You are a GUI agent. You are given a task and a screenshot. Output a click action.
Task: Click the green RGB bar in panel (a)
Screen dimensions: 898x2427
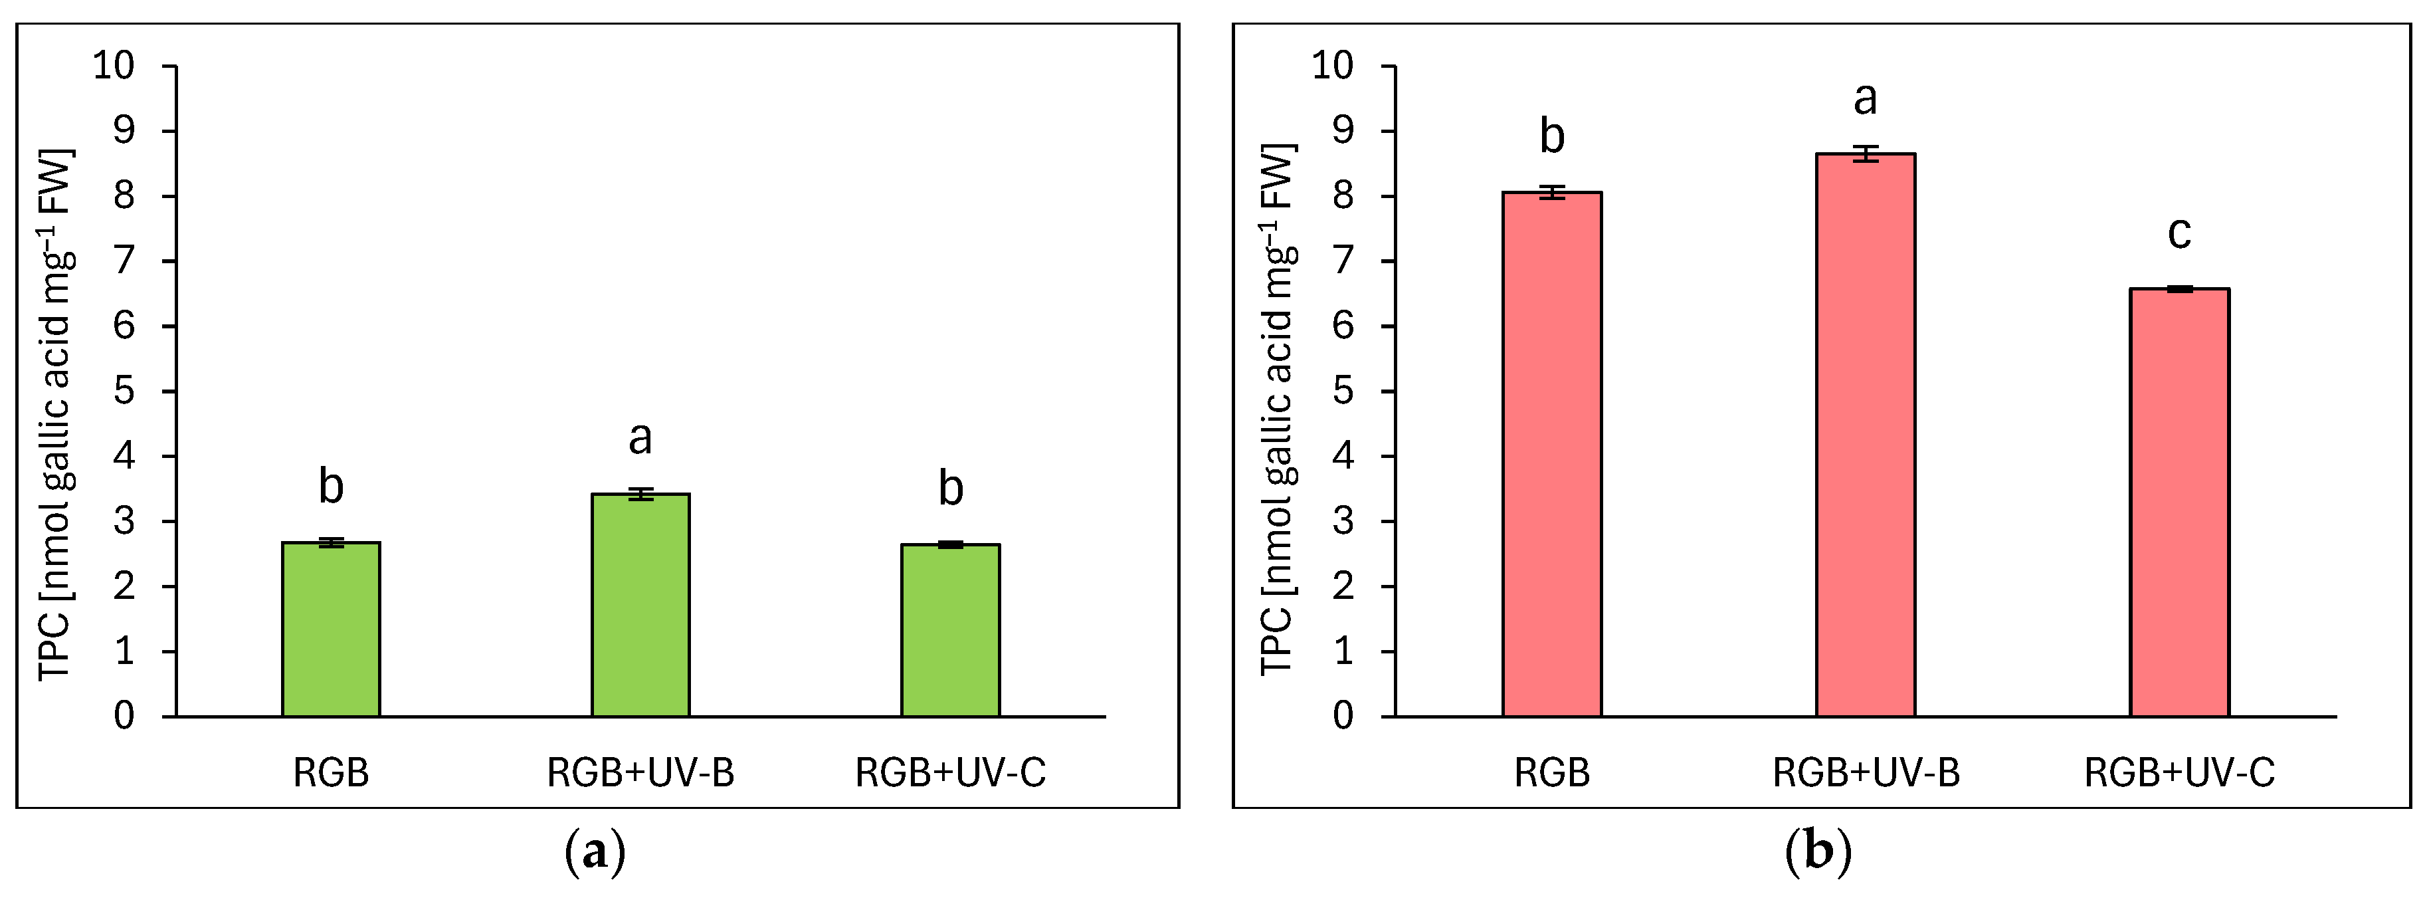[x=331, y=629]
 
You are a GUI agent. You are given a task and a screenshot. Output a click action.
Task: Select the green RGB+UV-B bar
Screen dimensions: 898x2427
[x=640, y=604]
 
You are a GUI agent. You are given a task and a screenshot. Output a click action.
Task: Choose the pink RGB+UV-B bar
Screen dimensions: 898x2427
[x=1866, y=435]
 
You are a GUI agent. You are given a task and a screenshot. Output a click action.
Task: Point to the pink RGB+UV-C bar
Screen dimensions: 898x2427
[x=2179, y=503]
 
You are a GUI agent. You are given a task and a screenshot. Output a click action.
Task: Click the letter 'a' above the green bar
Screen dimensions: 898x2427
[x=640, y=438]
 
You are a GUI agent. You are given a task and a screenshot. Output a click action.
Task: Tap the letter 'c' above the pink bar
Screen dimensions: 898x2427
[x=2179, y=233]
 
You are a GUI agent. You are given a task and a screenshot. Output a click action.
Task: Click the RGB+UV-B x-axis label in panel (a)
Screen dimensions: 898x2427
[x=640, y=772]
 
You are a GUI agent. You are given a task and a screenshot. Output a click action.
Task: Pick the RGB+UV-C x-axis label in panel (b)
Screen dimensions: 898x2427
[x=2179, y=772]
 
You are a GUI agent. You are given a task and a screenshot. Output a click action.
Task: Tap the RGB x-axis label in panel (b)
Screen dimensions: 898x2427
[x=1552, y=772]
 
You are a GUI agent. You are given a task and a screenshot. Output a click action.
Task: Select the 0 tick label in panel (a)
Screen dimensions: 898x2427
[x=124, y=715]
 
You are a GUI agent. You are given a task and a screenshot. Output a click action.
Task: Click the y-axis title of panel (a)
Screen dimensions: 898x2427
[x=54, y=415]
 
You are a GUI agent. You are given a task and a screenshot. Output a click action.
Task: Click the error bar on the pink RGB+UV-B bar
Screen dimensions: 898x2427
[x=1866, y=154]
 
